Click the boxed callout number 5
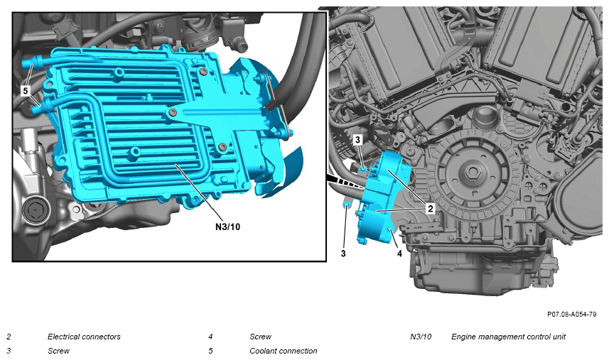(26, 91)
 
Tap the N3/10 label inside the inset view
(227, 227)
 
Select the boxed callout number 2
(431, 209)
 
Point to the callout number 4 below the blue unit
(399, 253)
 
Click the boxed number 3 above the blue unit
(357, 140)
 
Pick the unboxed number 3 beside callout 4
(343, 253)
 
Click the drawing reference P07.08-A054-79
(572, 315)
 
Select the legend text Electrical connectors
(84, 337)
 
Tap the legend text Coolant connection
(283, 351)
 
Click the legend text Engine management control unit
(508, 337)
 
